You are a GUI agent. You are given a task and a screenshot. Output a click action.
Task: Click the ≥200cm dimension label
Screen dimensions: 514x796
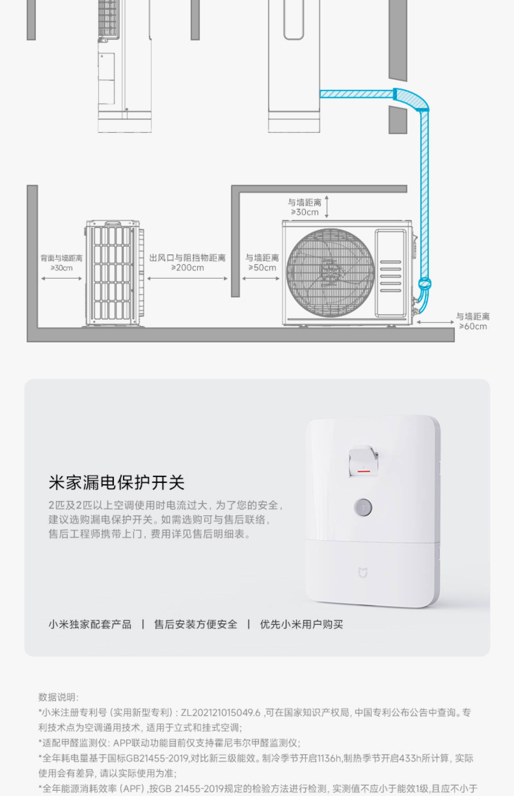coord(187,268)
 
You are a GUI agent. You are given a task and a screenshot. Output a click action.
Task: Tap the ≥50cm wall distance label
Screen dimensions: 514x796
coord(262,268)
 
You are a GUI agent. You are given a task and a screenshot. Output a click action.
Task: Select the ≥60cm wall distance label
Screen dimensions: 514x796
coord(473,326)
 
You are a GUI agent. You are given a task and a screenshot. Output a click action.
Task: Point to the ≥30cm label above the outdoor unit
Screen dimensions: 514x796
coord(305,212)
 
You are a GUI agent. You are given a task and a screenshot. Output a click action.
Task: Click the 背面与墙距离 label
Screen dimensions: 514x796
coord(62,258)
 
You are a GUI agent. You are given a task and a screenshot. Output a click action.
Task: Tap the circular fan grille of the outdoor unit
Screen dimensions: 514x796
coord(330,273)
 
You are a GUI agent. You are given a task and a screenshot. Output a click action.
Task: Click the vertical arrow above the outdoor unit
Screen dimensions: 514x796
coord(327,207)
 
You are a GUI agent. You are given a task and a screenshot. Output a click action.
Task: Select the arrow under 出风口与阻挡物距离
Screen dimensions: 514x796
coord(187,279)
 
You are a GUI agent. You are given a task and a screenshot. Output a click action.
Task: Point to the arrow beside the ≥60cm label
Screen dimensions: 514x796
coord(435,323)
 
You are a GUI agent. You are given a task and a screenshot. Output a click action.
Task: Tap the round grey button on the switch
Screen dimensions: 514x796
coord(363,507)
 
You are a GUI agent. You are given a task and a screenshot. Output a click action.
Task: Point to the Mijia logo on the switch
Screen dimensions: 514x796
coord(363,573)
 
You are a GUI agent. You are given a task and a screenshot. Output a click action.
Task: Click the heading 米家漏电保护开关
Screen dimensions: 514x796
coord(117,483)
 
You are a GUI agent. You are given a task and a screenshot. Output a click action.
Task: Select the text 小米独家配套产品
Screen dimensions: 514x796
coord(90,624)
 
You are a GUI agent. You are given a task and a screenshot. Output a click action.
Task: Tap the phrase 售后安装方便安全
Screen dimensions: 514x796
coord(196,624)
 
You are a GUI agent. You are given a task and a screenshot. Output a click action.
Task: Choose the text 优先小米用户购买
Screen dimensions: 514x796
coord(302,624)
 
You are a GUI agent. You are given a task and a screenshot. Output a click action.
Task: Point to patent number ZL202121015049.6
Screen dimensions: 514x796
coord(220,713)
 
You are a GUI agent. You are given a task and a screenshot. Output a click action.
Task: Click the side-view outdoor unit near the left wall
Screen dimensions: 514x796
coord(113,274)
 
